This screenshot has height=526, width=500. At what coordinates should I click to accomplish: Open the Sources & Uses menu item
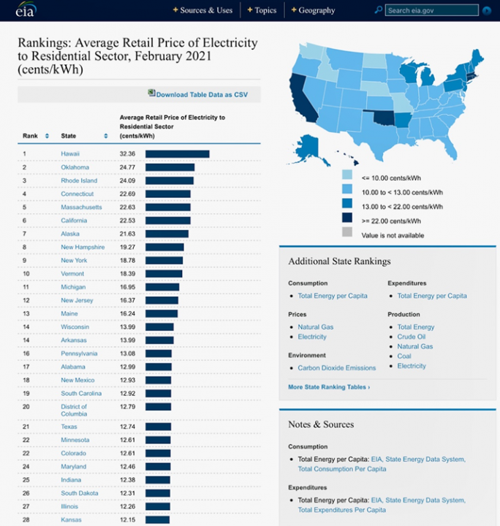(205, 10)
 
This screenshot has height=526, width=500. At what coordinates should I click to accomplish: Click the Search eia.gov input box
(431, 10)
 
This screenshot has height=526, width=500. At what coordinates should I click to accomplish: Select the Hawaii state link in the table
(70, 153)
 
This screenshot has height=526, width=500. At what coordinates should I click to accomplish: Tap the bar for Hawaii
(177, 153)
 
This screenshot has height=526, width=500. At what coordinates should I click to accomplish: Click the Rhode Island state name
(78, 180)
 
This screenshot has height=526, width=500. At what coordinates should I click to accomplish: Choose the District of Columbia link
(73, 410)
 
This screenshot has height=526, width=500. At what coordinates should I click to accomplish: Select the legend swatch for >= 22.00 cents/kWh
(346, 220)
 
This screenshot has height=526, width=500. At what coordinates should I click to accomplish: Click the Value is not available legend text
(393, 235)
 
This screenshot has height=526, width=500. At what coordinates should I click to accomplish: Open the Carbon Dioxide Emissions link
(336, 367)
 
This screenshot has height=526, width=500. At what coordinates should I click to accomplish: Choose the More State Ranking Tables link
(328, 386)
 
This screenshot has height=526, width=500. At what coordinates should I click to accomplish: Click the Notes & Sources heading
(321, 424)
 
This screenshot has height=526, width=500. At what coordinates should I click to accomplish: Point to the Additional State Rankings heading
(339, 262)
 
